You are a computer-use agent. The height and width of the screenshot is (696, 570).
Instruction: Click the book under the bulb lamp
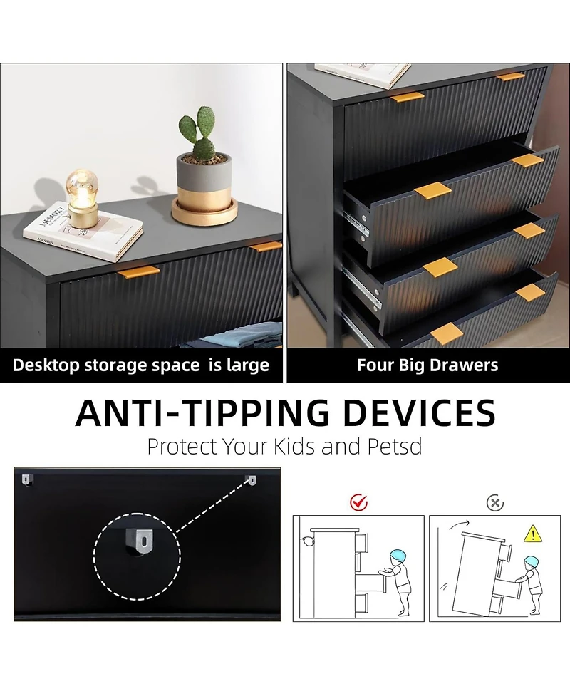[83, 231]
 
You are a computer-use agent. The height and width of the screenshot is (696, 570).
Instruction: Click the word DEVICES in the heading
[419, 412]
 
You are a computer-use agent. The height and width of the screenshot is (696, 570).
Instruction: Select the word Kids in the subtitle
[294, 447]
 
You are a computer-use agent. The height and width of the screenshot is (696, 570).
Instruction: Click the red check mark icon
[358, 502]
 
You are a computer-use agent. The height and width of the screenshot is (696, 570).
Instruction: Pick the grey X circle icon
[495, 503]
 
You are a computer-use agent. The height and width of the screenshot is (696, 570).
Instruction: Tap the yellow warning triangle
[533, 534]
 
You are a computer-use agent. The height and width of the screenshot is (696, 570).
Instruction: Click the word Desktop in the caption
[46, 365]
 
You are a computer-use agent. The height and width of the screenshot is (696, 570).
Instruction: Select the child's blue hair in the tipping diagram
[531, 561]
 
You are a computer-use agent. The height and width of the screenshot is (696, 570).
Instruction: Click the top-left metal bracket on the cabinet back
[26, 479]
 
